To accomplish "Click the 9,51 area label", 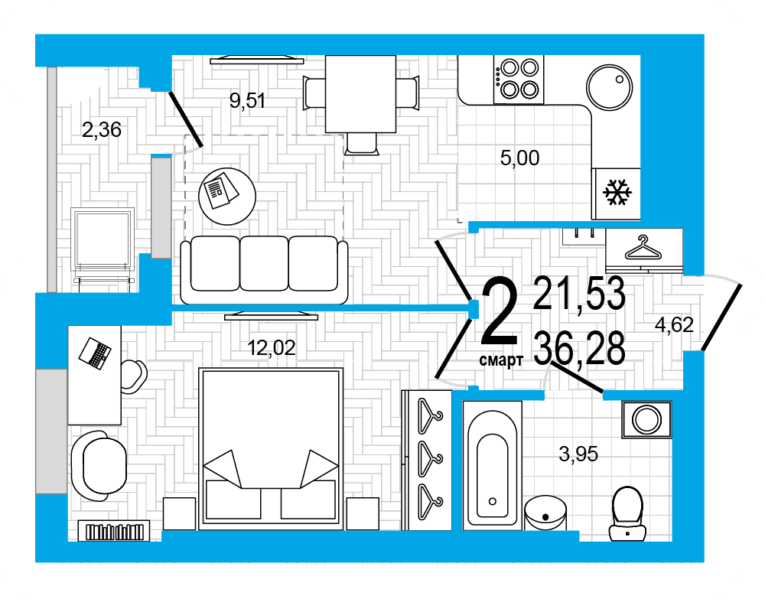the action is pyautogui.click(x=247, y=100).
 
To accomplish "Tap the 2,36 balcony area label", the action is pyautogui.click(x=102, y=130).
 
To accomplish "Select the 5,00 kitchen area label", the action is pyautogui.click(x=519, y=158).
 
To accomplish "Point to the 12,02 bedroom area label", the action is pyautogui.click(x=272, y=348).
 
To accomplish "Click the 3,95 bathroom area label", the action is pyautogui.click(x=578, y=454).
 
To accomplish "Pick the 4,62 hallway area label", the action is pyautogui.click(x=674, y=325).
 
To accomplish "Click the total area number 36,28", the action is pyautogui.click(x=579, y=348).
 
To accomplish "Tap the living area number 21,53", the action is pyautogui.click(x=579, y=293).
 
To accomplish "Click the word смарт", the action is pyautogui.click(x=501, y=360).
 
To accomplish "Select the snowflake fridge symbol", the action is pyautogui.click(x=617, y=192).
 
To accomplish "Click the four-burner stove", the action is pyautogui.click(x=519, y=79).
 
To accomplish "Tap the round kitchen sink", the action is pyautogui.click(x=609, y=88).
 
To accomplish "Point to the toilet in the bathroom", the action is pyautogui.click(x=627, y=513).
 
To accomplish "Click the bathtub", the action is pyautogui.click(x=492, y=465).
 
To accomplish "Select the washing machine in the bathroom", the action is pyautogui.click(x=646, y=419).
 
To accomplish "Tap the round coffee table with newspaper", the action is pyautogui.click(x=227, y=197).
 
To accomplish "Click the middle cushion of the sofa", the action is pyautogui.click(x=264, y=263).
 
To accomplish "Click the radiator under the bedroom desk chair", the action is pyautogui.click(x=114, y=531).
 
